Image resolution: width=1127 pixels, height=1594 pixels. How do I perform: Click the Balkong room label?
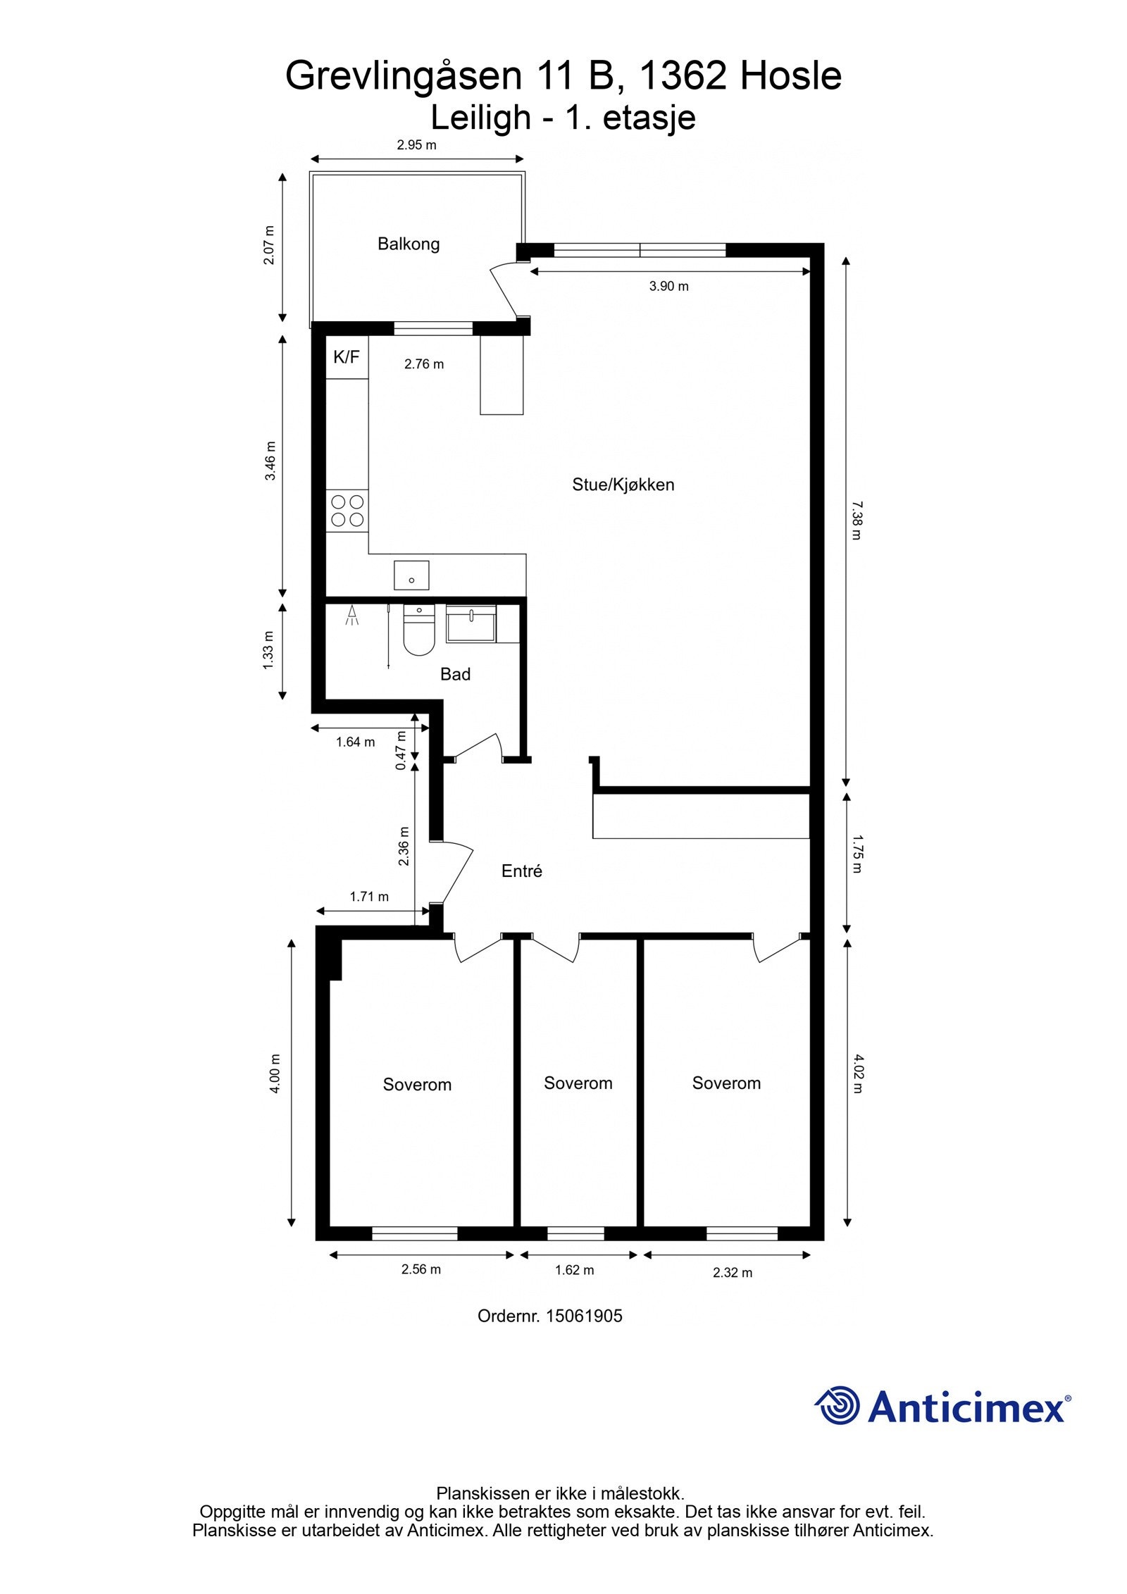coord(409,244)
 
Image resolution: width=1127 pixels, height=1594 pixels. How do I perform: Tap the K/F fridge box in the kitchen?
coord(347,358)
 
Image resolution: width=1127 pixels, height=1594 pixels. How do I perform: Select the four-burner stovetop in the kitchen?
coord(347,511)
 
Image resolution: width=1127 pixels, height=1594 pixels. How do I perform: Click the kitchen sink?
coord(411,574)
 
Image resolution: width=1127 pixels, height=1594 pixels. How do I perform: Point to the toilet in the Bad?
coord(419,630)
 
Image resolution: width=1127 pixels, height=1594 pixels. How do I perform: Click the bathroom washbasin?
coord(471,623)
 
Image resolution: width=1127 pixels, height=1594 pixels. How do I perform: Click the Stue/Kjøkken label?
coord(623,485)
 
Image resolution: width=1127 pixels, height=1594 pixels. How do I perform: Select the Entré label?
coord(522,871)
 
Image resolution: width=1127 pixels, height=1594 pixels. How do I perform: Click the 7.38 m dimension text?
coord(856,520)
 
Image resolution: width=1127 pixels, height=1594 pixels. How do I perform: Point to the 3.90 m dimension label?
coord(669,286)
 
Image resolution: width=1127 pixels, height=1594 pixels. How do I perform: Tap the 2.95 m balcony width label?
coord(416,145)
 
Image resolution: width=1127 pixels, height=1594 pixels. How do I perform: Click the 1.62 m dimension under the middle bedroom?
coord(574,1270)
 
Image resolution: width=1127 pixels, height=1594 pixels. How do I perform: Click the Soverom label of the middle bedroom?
coord(578,1083)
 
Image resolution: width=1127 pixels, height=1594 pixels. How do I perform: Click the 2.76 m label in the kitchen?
coord(424,364)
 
